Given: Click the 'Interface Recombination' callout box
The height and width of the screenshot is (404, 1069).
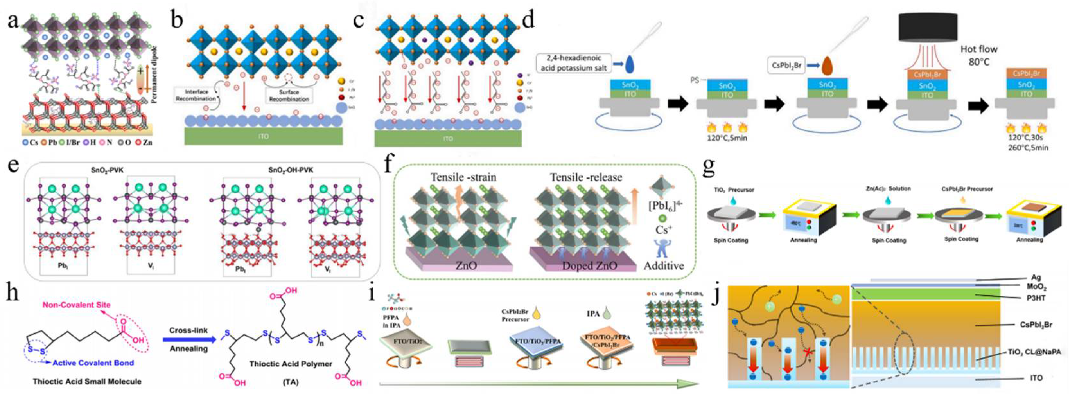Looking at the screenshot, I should [196, 95].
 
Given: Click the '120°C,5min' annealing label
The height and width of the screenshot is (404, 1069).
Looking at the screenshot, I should [727, 138].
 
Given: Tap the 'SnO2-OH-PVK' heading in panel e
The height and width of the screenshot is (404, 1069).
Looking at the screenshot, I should [291, 170].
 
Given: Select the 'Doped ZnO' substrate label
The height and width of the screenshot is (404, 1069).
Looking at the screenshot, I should [589, 266].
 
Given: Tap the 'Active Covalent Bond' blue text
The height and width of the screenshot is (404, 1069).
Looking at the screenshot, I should [93, 363].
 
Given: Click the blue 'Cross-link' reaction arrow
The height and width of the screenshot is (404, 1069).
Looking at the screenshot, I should [189, 340].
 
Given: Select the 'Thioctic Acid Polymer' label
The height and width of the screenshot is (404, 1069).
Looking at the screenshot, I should [291, 364].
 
